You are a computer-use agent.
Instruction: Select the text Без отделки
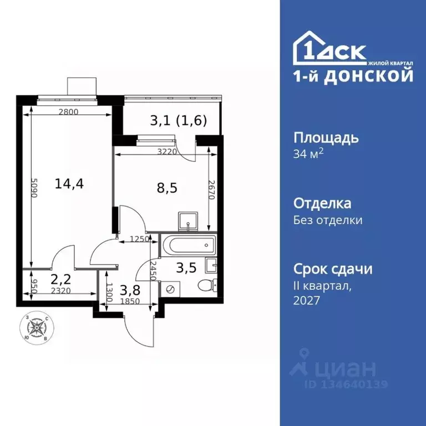(328, 220)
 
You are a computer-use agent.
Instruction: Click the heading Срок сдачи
(332, 269)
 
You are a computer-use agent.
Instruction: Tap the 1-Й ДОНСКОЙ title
(353, 76)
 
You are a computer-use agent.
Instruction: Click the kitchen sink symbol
(189, 221)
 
